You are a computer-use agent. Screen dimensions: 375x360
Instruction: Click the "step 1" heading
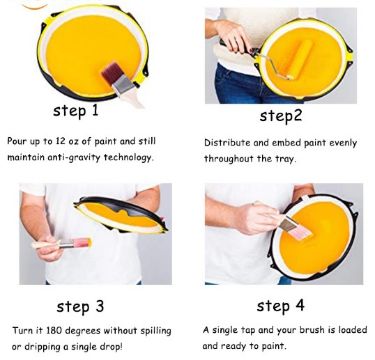coord(76,111)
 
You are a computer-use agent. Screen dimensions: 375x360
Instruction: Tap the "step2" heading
coord(281,116)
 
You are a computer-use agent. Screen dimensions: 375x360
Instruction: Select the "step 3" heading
coord(80,306)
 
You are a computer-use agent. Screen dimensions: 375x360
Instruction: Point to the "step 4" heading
coord(280,306)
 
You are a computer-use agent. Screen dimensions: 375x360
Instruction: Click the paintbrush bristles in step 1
coord(112,73)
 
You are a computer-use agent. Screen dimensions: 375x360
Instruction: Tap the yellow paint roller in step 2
coord(299,60)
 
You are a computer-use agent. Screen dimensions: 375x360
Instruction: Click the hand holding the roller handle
coord(233,36)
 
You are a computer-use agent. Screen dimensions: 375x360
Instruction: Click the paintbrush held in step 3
coord(62,243)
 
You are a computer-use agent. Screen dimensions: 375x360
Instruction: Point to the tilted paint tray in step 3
coord(121,214)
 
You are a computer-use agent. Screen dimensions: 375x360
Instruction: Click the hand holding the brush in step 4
coord(254,219)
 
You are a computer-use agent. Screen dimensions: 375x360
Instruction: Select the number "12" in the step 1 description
coord(60,141)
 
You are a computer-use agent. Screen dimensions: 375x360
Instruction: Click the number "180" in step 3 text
coord(54,331)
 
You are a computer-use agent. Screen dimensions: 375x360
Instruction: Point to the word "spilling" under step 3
coord(156,331)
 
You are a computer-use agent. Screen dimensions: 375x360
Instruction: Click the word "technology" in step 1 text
coord(129,157)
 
